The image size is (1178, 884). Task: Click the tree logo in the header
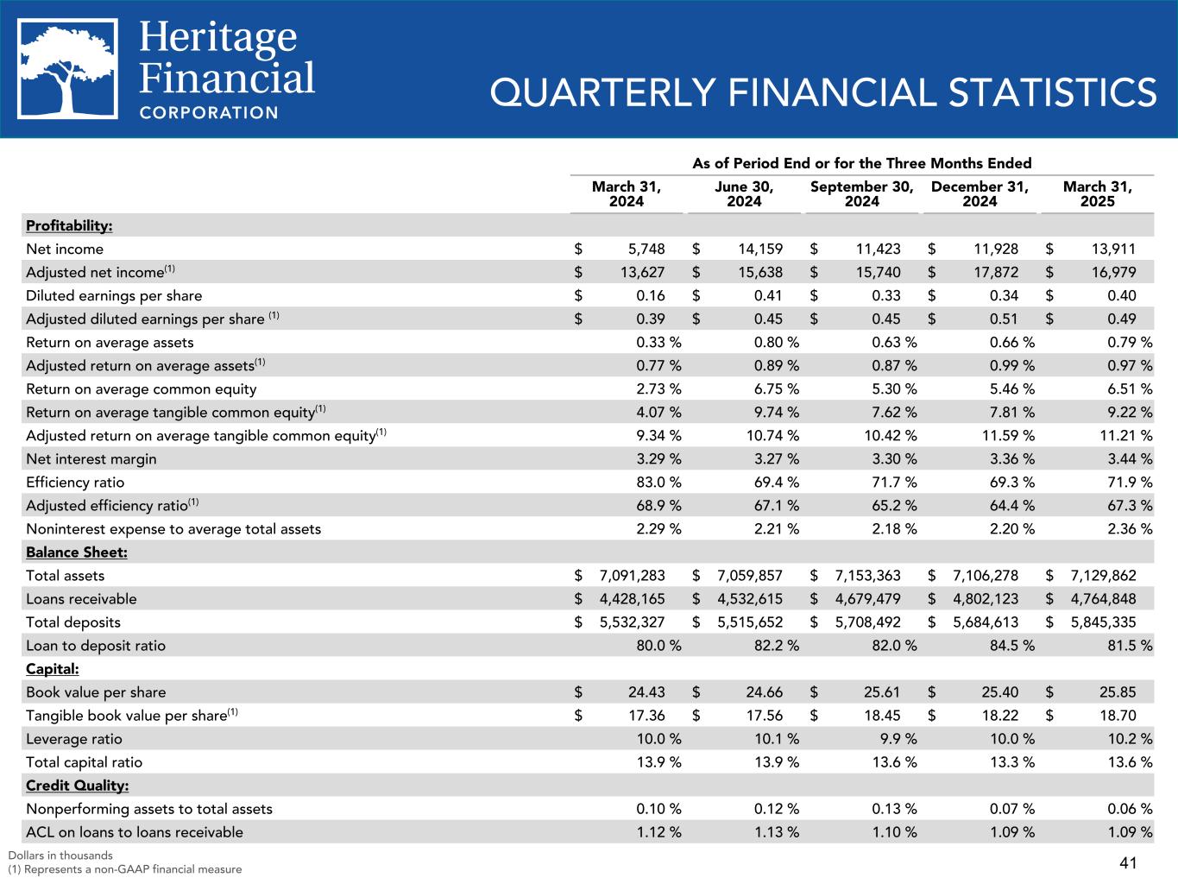[68, 69]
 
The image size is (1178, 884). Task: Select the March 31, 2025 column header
[1097, 194]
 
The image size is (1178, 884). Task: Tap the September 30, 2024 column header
[861, 194]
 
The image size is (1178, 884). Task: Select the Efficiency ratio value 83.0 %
[658, 483]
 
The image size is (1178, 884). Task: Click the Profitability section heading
[69, 226]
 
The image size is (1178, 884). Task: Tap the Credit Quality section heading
[77, 786]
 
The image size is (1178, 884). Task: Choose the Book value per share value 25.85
[1112, 692]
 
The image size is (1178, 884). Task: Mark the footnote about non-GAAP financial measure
[125, 869]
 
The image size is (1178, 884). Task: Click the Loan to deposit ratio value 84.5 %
[1009, 646]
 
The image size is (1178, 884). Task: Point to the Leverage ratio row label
[74, 739]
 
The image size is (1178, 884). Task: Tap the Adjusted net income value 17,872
[994, 273]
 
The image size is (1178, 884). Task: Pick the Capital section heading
[53, 669]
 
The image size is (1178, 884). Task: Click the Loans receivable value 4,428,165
[631, 599]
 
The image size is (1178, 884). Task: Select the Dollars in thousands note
[60, 856]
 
